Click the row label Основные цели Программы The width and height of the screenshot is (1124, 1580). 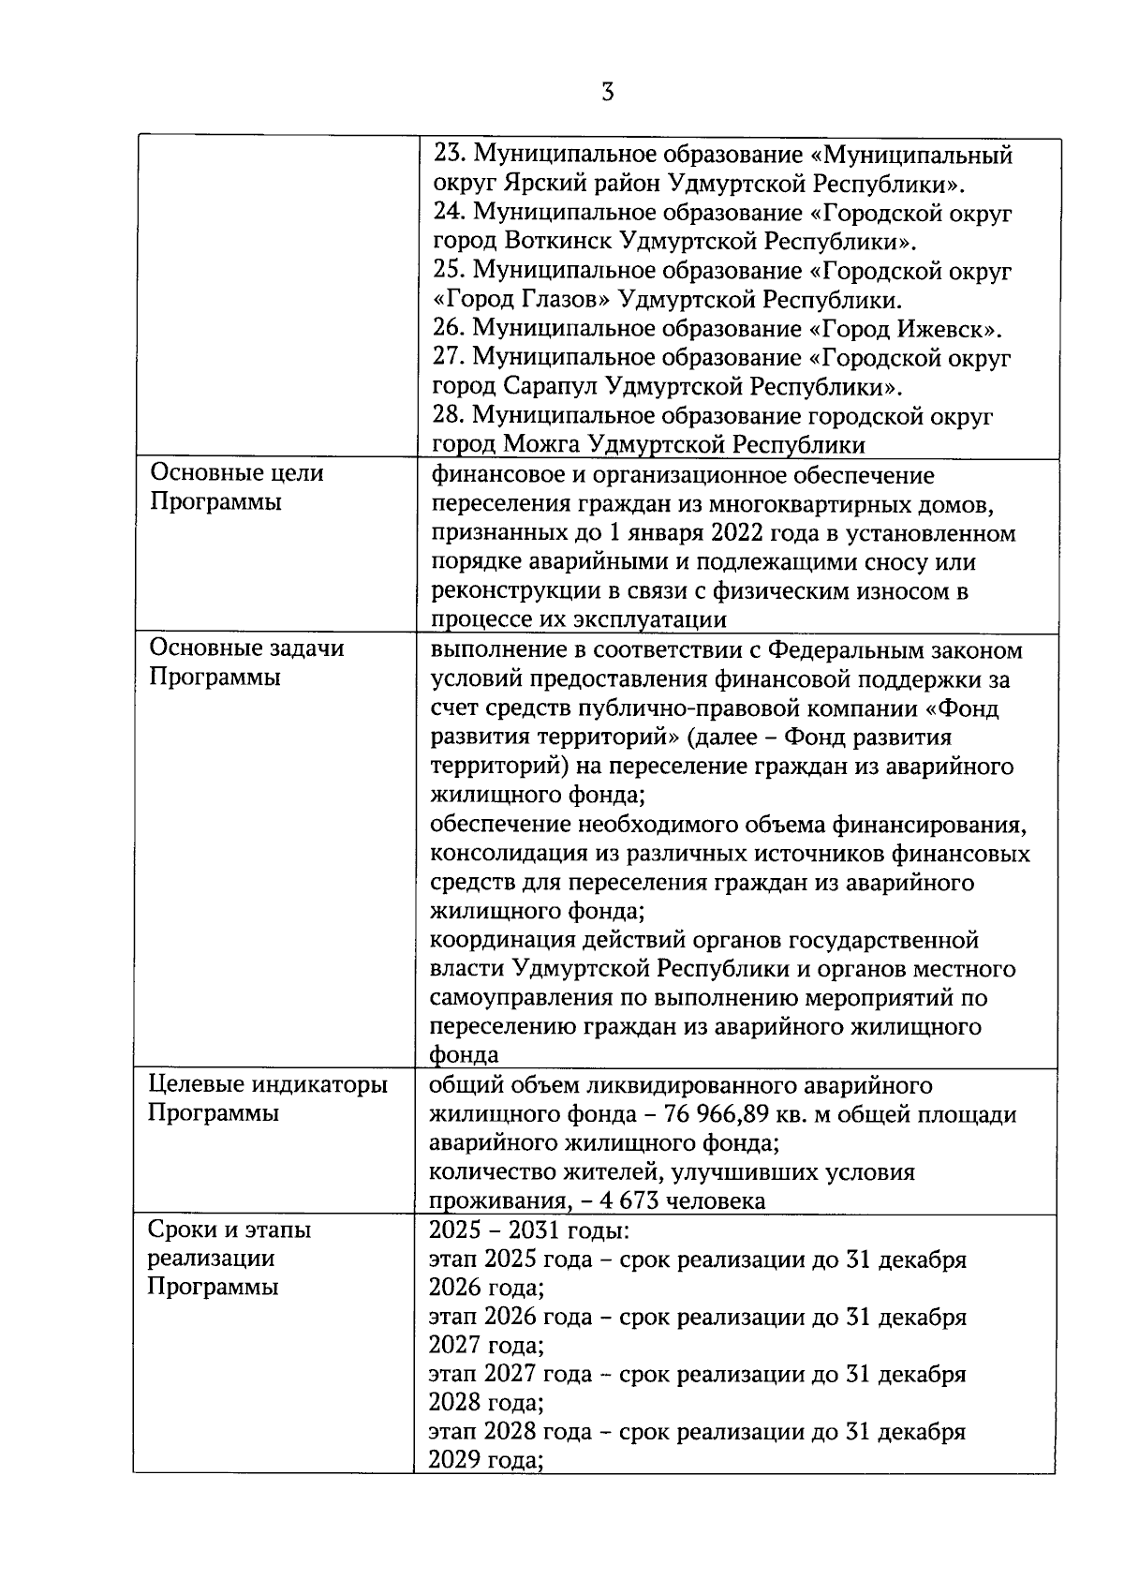[x=236, y=487]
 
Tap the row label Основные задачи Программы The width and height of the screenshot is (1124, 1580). [x=245, y=663]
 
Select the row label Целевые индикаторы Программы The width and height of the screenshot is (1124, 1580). [x=267, y=1099]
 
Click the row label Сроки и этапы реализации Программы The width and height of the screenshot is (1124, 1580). [x=229, y=1258]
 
